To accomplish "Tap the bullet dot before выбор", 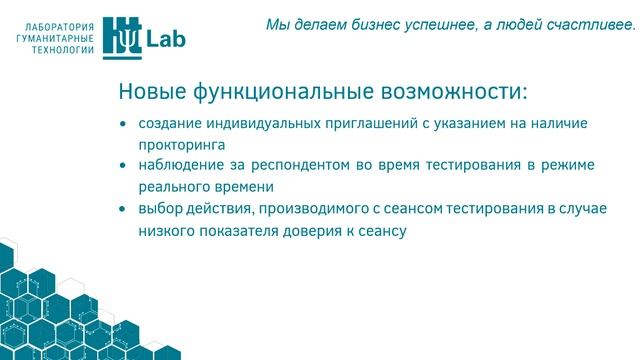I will point(122,209).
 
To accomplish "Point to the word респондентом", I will point(313,165).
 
